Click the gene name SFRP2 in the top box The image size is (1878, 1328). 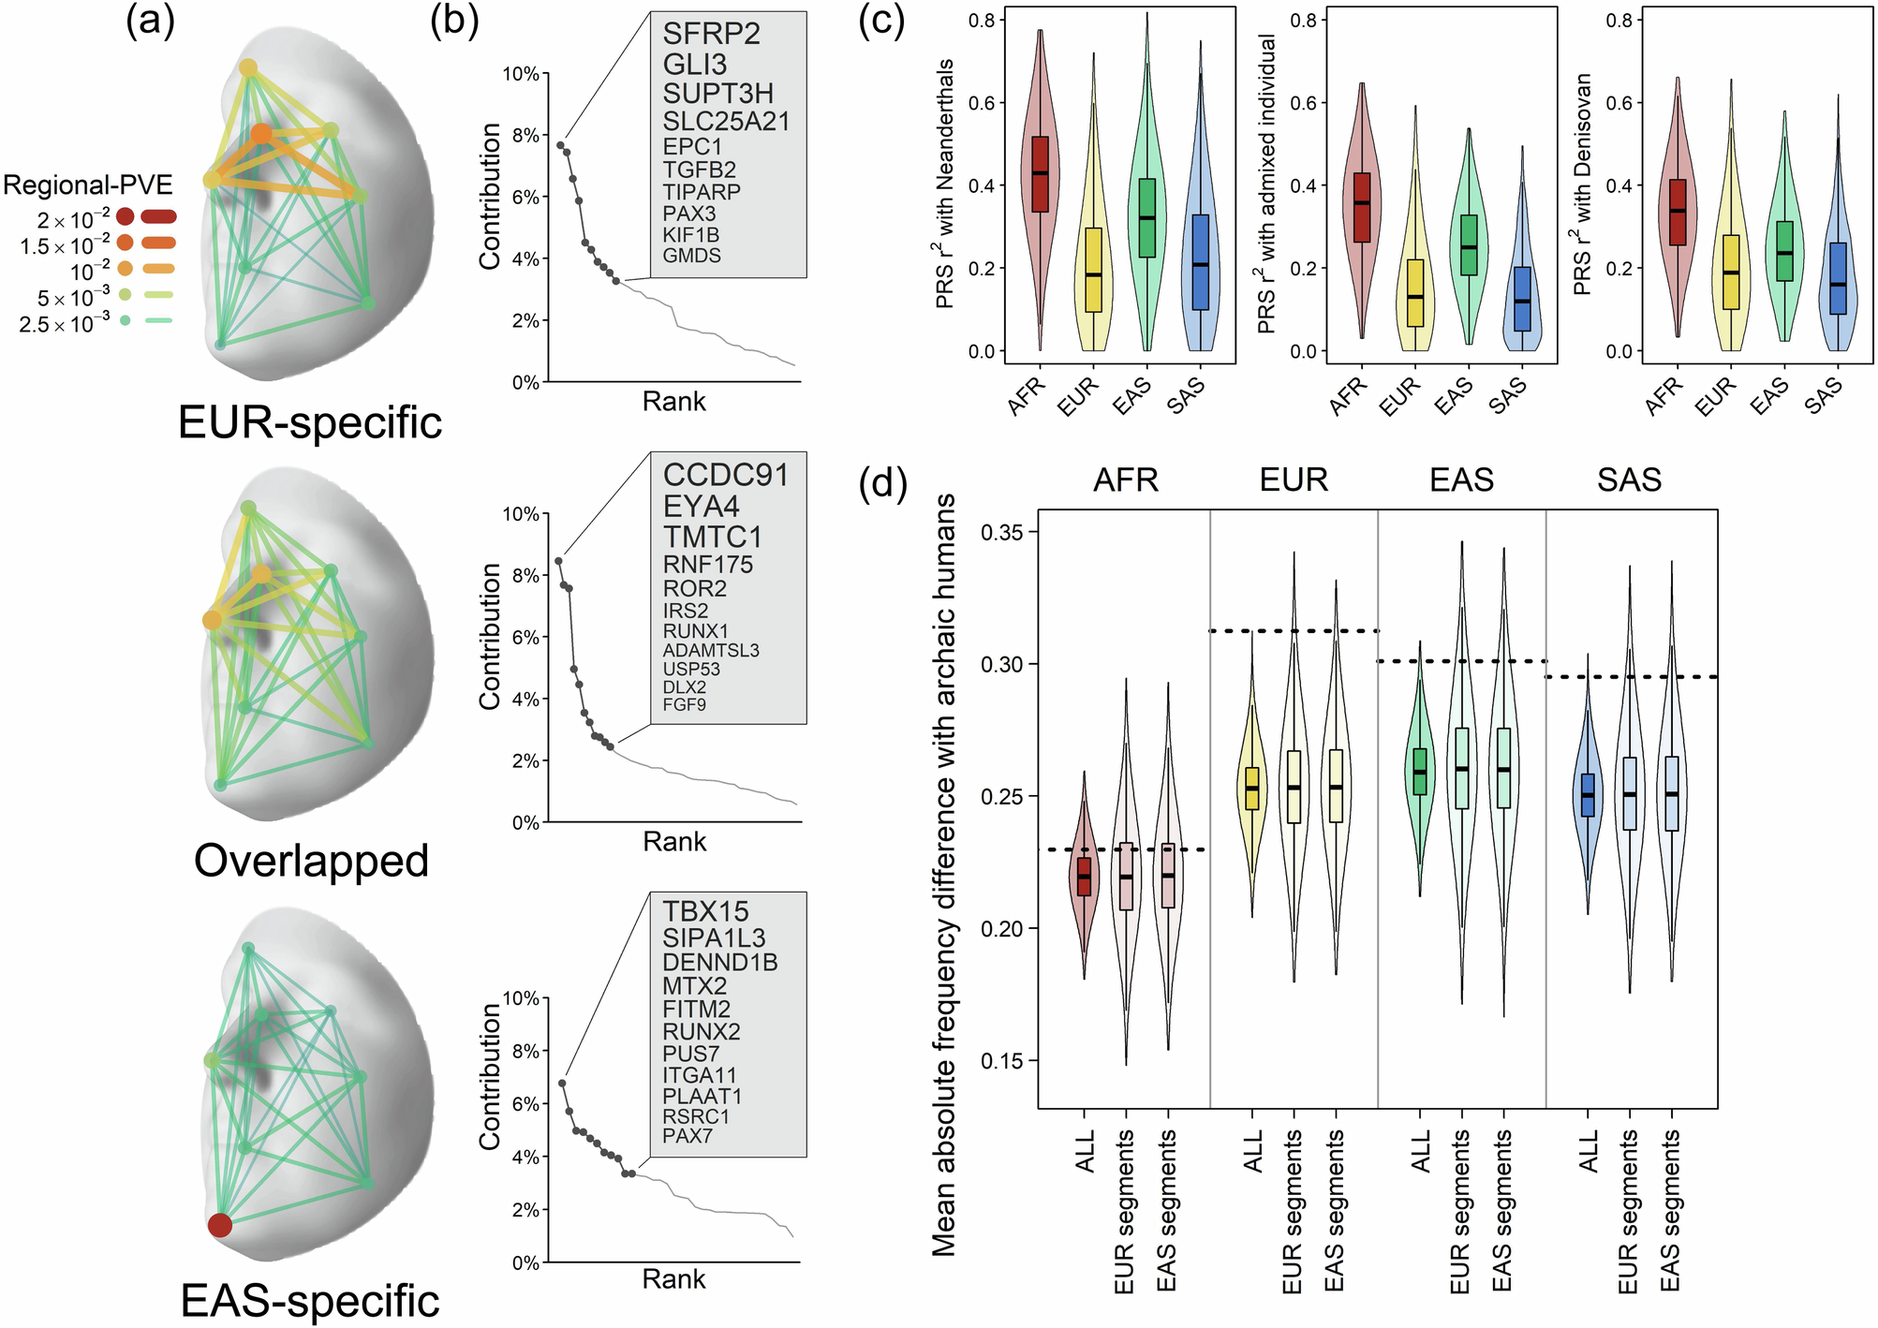711,34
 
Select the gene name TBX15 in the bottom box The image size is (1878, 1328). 705,911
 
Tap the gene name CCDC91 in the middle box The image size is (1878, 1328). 725,475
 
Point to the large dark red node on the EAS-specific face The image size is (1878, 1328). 220,1225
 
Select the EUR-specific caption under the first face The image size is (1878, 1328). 310,422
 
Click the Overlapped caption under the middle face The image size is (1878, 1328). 311,861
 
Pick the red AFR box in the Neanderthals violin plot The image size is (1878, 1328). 1040,174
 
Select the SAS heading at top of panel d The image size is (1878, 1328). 1629,480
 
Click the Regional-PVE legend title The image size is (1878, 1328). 88,184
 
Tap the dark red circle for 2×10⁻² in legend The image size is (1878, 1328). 126,217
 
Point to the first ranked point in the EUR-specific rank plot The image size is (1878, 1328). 560,145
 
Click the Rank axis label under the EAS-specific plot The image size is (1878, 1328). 673,1279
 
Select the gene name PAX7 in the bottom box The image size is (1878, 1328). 688,1136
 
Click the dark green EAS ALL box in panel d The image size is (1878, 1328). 1420,772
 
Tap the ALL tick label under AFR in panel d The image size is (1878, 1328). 1085,1151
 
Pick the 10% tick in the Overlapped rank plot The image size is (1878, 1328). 521,514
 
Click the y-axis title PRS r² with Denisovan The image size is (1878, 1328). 1583,184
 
